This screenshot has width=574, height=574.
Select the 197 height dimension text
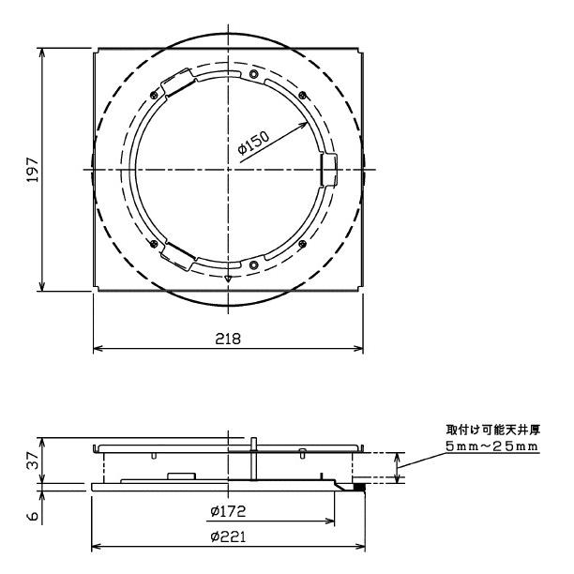(32, 169)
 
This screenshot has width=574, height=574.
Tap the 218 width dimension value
(228, 339)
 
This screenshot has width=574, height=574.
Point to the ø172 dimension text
(228, 512)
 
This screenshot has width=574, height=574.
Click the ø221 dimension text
(228, 536)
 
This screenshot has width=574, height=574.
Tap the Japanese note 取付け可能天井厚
(492, 430)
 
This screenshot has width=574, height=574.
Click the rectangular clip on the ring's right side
(327, 169)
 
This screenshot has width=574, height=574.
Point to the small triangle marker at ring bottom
(228, 279)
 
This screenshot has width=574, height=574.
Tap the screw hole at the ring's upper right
(300, 92)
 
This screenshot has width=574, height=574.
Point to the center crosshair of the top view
(228, 169)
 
